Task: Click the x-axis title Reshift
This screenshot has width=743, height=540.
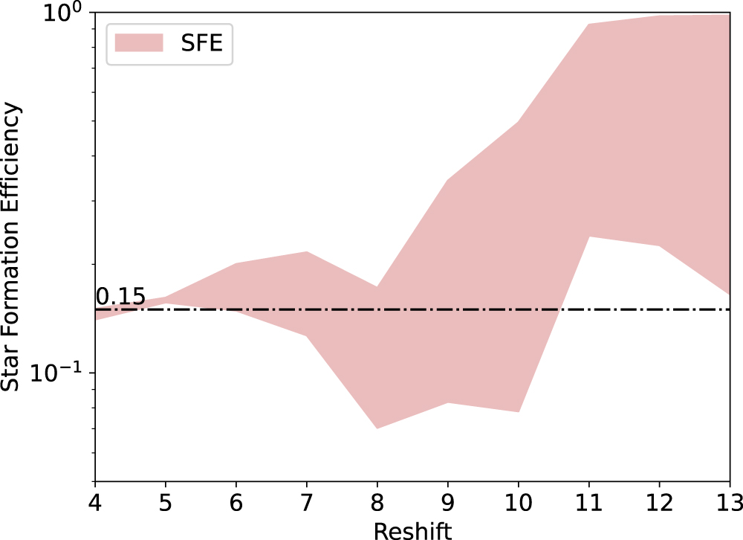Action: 412,529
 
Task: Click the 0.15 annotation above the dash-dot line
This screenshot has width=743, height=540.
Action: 120,297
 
